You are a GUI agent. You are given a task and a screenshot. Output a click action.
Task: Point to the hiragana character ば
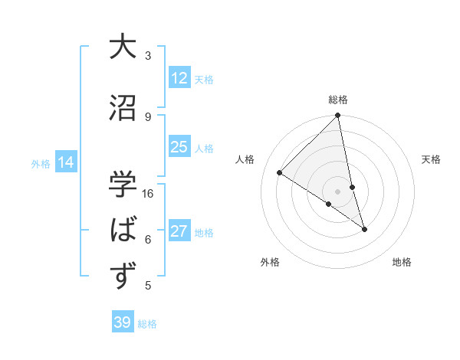coord(123,229)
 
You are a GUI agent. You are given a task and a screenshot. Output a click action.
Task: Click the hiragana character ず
coord(123,275)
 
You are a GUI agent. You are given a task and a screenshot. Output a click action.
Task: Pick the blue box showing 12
coord(179,78)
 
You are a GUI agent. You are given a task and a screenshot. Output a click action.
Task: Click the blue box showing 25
coord(179,147)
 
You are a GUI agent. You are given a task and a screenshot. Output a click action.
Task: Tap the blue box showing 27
coord(179,231)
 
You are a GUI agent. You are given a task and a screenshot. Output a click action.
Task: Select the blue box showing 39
coord(123,322)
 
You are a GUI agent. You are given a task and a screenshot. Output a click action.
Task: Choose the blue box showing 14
coord(66,162)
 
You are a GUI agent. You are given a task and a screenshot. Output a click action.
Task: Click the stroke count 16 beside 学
coord(149,193)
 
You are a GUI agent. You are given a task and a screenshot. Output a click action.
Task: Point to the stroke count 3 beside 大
coord(148,55)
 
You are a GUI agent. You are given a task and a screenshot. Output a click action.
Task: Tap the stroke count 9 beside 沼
coord(148,116)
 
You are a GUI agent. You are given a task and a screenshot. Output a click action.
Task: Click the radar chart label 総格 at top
coord(338,100)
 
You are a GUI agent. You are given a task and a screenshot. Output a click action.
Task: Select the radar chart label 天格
coord(432,159)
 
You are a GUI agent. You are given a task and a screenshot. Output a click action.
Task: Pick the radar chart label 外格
coord(270,262)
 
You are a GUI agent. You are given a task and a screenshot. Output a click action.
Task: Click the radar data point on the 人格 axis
coord(280,172)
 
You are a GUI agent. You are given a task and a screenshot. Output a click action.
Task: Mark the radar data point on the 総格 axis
coord(338,116)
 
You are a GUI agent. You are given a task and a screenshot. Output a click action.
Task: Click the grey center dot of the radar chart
coord(338,191)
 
